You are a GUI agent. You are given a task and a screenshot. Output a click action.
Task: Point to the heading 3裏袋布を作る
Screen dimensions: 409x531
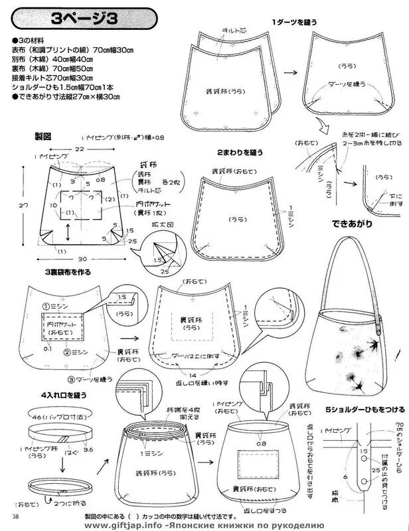pyautogui.click(x=68, y=272)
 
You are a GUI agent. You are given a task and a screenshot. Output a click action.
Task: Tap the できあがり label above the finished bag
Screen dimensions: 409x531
pyautogui.click(x=344, y=223)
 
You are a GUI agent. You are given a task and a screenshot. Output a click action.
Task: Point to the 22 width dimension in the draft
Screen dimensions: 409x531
pyautogui.click(x=79, y=151)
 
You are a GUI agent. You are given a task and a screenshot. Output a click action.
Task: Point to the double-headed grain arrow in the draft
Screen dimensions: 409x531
pyautogui.click(x=70, y=234)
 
